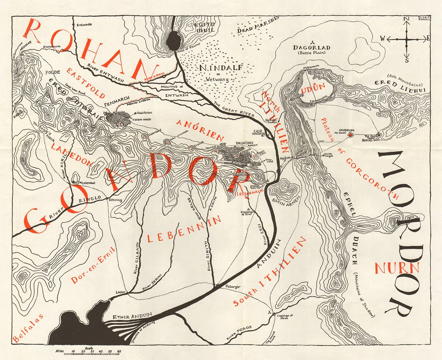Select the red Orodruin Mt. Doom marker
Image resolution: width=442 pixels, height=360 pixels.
(x=350, y=135)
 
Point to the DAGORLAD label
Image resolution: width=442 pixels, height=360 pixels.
(x=311, y=47)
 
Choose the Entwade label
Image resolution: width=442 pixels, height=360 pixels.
(x=84, y=25)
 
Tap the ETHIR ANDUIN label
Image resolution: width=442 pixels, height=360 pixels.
(x=132, y=316)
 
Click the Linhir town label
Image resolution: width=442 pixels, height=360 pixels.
(x=121, y=292)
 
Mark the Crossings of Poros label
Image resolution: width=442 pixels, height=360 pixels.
(x=285, y=317)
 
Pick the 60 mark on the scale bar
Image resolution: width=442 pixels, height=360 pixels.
(x=119, y=351)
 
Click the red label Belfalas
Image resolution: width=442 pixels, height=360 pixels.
(x=28, y=328)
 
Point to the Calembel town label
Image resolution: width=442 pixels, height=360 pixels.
(x=88, y=183)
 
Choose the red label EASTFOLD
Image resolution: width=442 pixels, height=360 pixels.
(x=85, y=83)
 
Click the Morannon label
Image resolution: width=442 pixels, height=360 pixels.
(x=311, y=67)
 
